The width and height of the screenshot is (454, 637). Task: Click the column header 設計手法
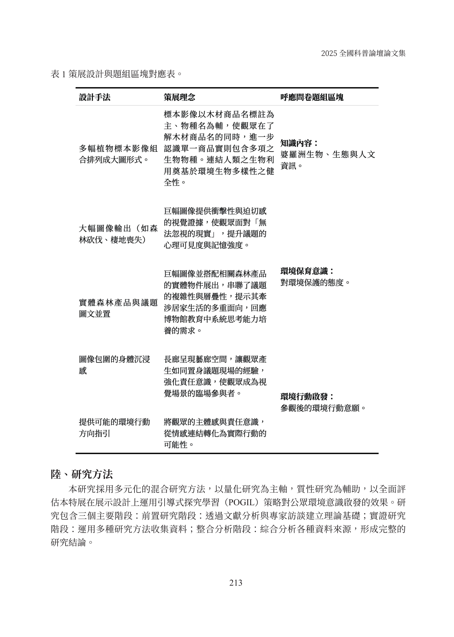coord(95,97)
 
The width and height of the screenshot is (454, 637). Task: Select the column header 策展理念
coord(179,97)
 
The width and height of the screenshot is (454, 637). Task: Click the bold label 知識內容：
coord(299,143)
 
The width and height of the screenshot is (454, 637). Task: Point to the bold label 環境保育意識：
coord(307,271)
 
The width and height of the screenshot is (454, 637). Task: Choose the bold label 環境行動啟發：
coord(307,396)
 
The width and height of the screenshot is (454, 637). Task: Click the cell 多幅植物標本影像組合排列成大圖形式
coord(118,154)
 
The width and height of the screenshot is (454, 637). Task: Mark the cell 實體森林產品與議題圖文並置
coord(118,308)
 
